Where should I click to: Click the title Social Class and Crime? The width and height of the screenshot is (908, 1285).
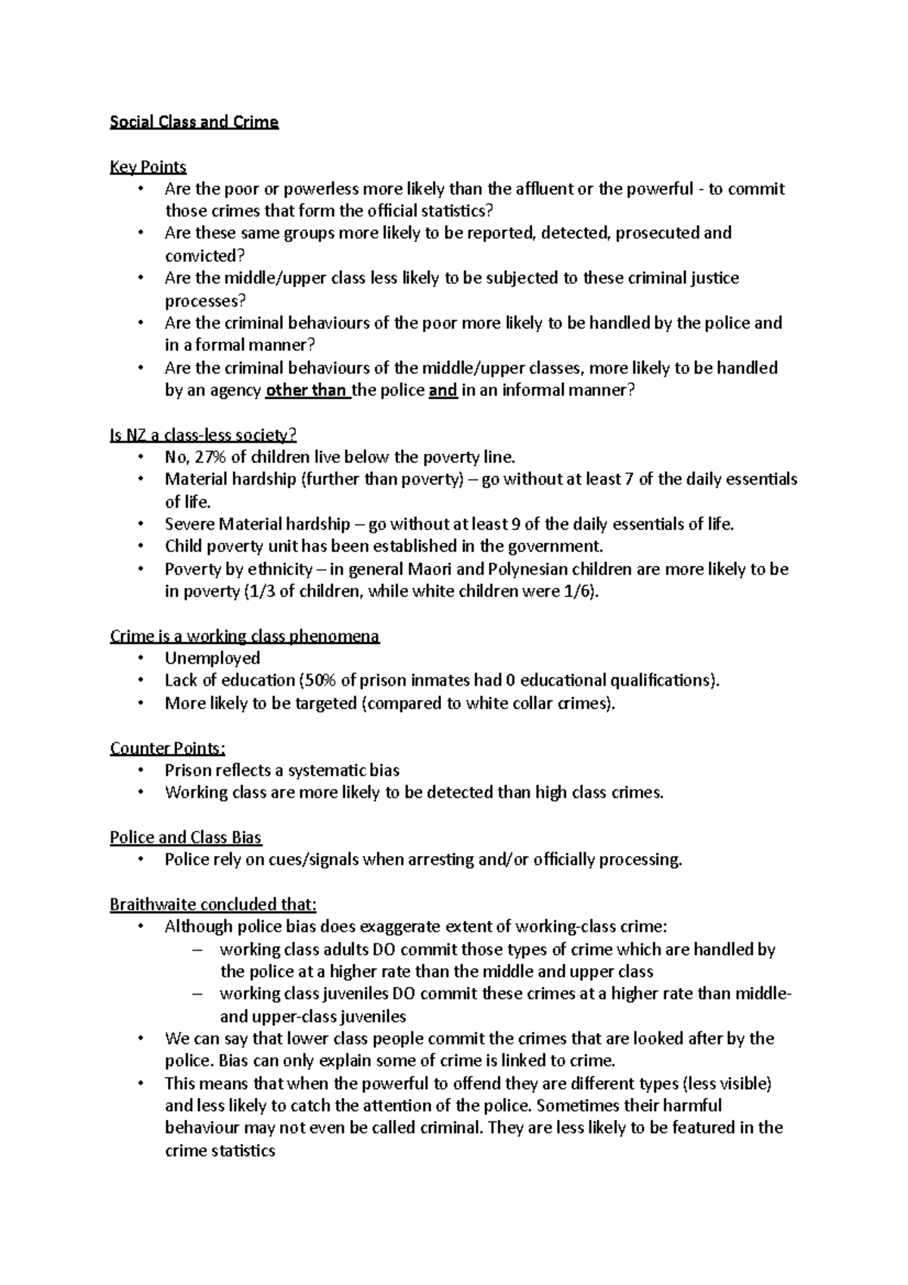pyautogui.click(x=194, y=122)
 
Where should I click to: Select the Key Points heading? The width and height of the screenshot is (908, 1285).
pyautogui.click(x=148, y=166)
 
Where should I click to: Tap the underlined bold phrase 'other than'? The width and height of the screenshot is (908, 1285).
pyautogui.click(x=306, y=390)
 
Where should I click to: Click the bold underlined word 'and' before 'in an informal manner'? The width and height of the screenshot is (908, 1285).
pyautogui.click(x=443, y=390)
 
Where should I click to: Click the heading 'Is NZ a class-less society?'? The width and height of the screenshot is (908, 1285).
pyautogui.click(x=203, y=435)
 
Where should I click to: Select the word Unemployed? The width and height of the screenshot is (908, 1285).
pyautogui.click(x=212, y=658)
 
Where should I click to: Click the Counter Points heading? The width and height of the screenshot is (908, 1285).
pyautogui.click(x=167, y=748)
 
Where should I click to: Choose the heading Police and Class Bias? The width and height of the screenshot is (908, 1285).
pyautogui.click(x=185, y=838)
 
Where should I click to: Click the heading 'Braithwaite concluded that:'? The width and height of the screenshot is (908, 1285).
pyautogui.click(x=213, y=905)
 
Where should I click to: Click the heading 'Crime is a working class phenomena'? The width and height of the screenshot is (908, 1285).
pyautogui.click(x=244, y=636)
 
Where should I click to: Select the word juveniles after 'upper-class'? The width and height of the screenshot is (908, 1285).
pyautogui.click(x=369, y=1016)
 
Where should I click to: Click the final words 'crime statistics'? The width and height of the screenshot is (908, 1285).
pyautogui.click(x=219, y=1151)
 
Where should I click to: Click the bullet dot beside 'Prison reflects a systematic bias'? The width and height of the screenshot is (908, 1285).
pyautogui.click(x=140, y=770)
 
